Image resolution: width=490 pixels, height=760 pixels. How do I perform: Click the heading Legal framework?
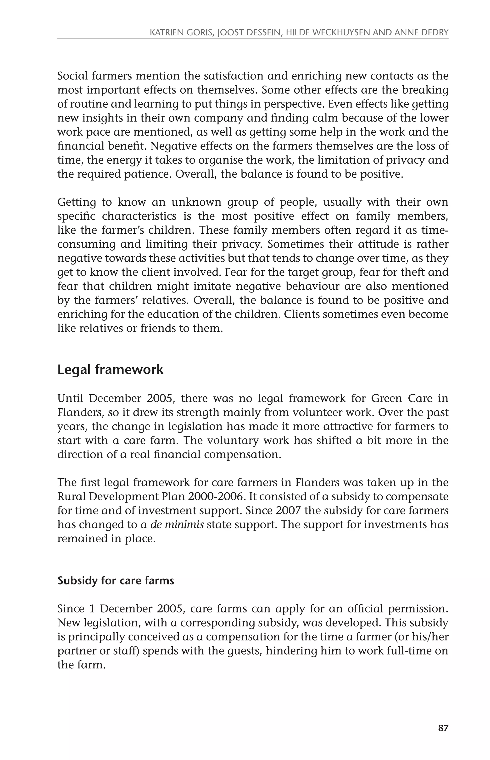click(110, 369)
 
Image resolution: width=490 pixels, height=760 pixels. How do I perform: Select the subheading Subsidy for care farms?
click(116, 580)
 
